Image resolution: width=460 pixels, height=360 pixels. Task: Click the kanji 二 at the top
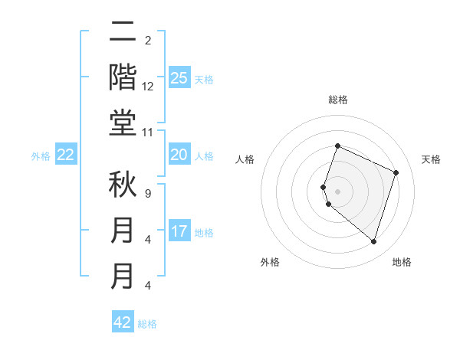(123, 32)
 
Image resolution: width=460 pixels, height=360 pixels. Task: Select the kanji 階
(123, 78)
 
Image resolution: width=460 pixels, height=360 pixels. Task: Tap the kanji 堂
(123, 124)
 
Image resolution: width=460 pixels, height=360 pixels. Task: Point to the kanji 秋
(123, 185)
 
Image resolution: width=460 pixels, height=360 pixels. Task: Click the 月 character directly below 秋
(123, 231)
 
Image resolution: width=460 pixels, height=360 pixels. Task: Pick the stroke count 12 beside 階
(148, 87)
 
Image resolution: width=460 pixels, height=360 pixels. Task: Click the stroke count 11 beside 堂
(147, 133)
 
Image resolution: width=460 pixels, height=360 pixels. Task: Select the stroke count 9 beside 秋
(147, 193)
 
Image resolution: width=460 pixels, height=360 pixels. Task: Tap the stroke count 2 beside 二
(147, 41)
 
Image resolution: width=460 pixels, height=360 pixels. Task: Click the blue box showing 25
(179, 77)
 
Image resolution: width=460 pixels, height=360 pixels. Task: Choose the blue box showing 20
(179, 155)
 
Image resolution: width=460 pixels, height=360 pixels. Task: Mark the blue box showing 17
(179, 231)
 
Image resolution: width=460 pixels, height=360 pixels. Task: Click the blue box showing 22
(66, 155)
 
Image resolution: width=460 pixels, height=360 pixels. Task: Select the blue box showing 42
(123, 322)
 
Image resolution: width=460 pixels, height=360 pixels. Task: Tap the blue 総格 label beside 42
(147, 324)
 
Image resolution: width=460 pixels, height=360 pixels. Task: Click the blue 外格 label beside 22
(41, 156)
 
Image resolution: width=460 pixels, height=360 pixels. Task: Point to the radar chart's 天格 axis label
(431, 159)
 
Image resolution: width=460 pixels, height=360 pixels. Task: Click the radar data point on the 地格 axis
(373, 242)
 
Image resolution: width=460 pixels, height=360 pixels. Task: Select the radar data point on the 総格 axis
(337, 146)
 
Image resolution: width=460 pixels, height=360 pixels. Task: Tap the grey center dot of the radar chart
(337, 191)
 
